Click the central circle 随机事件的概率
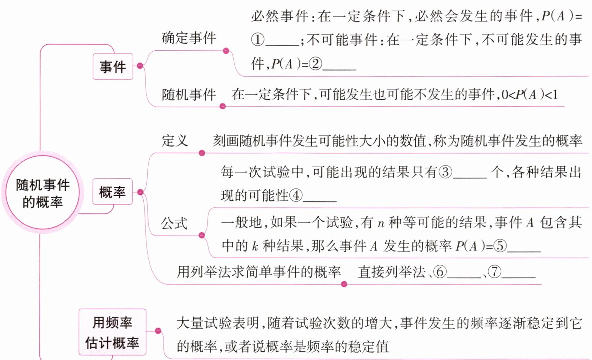42,193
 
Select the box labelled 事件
113,67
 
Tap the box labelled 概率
112,192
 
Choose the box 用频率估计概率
112,332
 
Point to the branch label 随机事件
189,94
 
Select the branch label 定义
175,141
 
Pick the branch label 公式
174,223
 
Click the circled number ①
257,40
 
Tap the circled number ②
315,64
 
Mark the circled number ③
445,172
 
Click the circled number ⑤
500,246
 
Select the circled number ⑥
440,272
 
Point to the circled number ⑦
494,272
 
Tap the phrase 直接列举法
391,272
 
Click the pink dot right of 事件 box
140,66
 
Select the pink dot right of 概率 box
140,192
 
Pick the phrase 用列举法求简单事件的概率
259,272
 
